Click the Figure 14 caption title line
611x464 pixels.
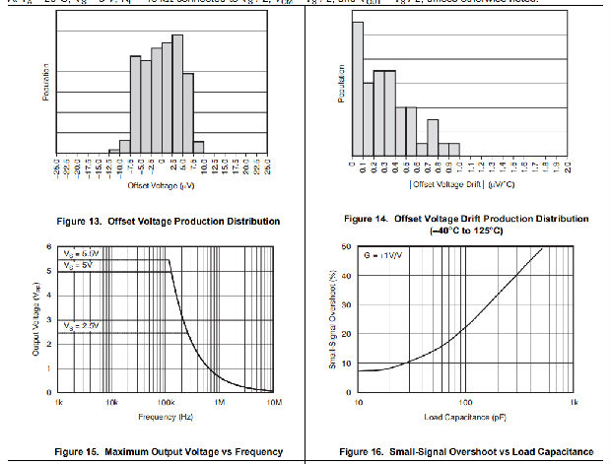coord(466,218)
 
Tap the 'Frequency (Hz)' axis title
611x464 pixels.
coord(166,419)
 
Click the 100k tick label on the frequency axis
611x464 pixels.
coord(166,403)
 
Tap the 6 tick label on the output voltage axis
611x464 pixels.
coord(50,246)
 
